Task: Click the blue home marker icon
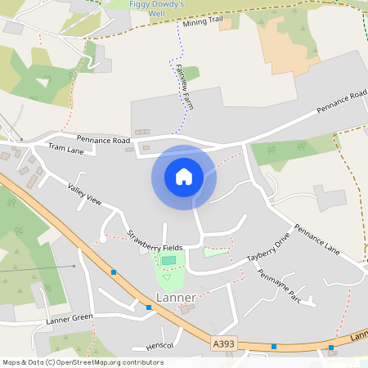(184, 177)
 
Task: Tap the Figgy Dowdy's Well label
(158, 8)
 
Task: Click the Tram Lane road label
(67, 148)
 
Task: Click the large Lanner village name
(176, 297)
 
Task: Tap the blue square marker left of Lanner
(149, 307)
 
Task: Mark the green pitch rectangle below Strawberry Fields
(168, 260)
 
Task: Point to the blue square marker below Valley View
(114, 272)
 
